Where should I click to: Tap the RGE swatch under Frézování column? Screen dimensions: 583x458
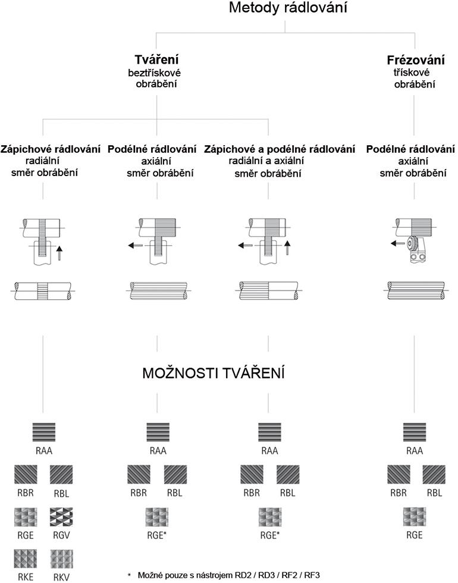(x=415, y=516)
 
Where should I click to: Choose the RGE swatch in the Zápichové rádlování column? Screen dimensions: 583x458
(x=26, y=516)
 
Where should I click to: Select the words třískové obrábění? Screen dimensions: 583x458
(x=414, y=79)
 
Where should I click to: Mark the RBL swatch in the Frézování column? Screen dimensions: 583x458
(x=434, y=475)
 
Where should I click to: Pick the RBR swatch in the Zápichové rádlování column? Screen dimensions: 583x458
(x=26, y=475)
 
